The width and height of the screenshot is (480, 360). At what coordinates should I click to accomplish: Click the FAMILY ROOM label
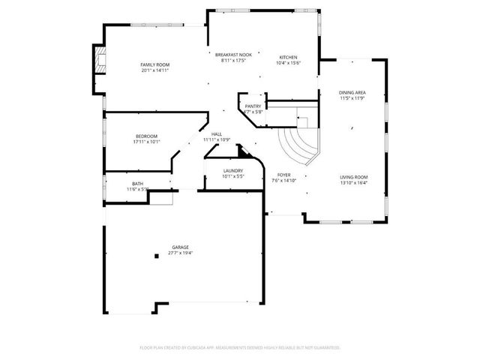(155, 65)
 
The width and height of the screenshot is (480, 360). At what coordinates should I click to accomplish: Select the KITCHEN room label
(289, 58)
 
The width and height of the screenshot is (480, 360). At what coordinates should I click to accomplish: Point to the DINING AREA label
(352, 93)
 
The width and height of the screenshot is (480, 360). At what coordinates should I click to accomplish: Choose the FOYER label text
(283, 175)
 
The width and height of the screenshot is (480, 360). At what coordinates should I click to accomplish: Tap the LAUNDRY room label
(232, 171)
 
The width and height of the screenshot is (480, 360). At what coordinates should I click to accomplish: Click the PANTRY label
(253, 107)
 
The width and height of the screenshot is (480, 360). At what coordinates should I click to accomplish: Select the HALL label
(216, 134)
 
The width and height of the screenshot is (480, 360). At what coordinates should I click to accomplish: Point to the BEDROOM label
(146, 136)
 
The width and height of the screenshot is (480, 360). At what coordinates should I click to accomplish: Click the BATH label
(137, 184)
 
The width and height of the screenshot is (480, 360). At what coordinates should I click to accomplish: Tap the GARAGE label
(180, 247)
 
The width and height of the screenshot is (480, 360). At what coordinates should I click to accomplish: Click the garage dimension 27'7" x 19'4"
(180, 253)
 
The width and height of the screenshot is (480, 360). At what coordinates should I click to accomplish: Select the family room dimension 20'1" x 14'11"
(155, 70)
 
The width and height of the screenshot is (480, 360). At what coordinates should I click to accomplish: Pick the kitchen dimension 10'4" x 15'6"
(289, 63)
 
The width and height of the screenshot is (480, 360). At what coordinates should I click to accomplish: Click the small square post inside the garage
(156, 256)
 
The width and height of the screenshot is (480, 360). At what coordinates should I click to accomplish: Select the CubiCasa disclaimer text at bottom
(240, 348)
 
